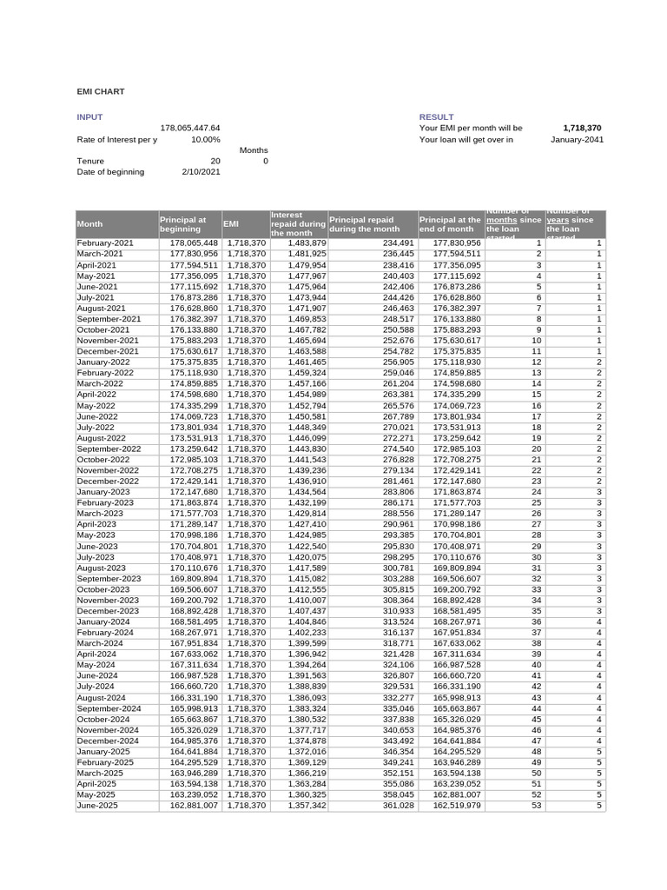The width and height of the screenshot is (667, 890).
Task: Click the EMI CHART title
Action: [101, 91]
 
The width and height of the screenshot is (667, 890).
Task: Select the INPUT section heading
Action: [89, 116]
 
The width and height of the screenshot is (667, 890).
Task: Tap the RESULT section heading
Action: [436, 116]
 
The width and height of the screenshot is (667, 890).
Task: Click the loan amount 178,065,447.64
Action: [189, 128]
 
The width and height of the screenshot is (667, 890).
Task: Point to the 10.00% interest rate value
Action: [205, 139]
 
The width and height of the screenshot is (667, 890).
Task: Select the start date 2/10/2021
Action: [201, 172]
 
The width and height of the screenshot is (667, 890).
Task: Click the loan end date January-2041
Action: [577, 139]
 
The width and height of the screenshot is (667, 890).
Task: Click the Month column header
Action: [89, 224]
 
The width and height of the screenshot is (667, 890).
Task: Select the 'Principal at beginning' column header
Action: [183, 224]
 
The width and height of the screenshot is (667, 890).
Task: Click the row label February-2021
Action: [105, 243]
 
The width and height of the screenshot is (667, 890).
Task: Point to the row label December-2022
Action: [108, 481]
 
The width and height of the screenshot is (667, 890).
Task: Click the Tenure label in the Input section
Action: [90, 161]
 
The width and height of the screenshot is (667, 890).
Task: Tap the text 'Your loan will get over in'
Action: [466, 139]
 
